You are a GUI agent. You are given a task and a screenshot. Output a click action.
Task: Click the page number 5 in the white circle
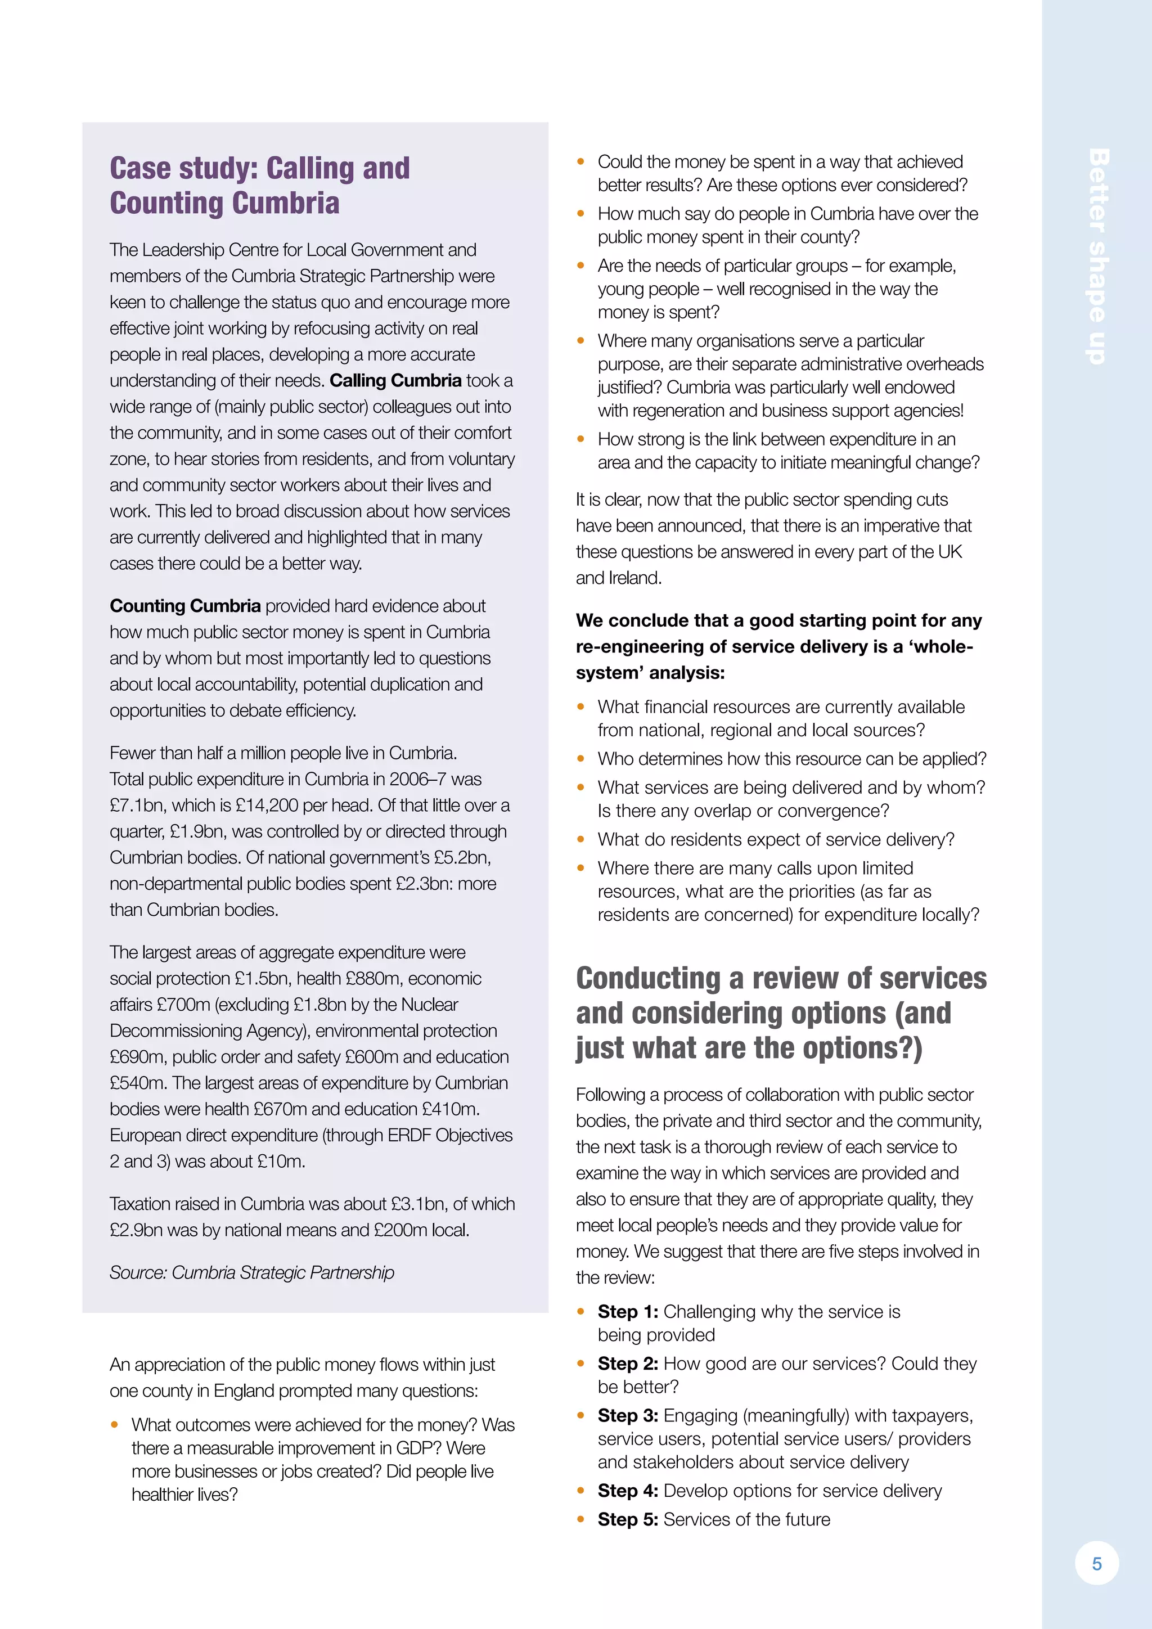pyautogui.click(x=1097, y=1563)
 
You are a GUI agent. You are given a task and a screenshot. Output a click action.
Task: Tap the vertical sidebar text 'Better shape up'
pyautogui.click(x=1097, y=257)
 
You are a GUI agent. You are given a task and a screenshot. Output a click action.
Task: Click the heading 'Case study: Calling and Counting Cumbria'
pyautogui.click(x=260, y=186)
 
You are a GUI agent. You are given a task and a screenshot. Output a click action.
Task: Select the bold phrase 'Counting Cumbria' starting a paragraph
pyautogui.click(x=185, y=606)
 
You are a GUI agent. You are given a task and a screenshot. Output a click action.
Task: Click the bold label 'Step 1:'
pyautogui.click(x=628, y=1312)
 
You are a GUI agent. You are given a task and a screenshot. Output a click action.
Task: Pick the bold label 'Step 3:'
pyautogui.click(x=628, y=1415)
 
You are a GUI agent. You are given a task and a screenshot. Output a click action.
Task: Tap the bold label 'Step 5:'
pyautogui.click(x=628, y=1519)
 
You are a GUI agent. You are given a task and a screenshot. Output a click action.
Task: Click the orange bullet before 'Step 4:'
pyautogui.click(x=581, y=1491)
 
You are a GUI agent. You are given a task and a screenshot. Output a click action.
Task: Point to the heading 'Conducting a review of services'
pyautogui.click(x=780, y=978)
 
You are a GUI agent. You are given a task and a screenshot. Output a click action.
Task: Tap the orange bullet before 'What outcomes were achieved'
pyautogui.click(x=114, y=1425)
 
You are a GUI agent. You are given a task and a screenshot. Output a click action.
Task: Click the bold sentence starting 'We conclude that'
pyautogui.click(x=777, y=646)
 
